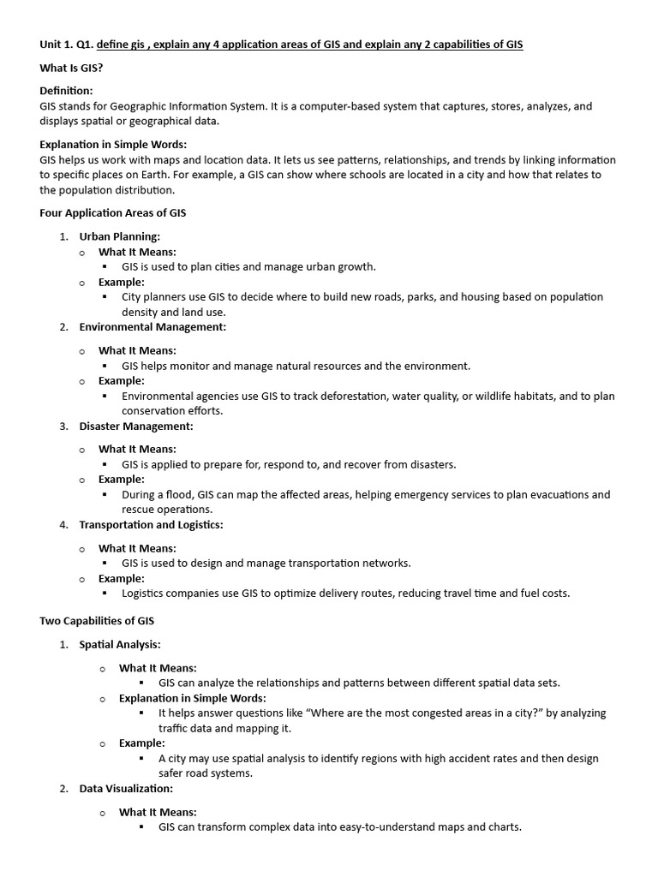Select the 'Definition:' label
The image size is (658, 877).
pos(66,91)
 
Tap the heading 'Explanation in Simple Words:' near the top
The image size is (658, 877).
pos(113,144)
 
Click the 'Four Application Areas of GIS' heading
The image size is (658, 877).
pos(112,212)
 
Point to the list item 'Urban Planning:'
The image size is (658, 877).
pos(119,236)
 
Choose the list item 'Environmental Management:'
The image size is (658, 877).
pos(153,326)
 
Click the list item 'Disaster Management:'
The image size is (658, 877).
pos(136,426)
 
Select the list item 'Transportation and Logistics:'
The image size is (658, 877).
pos(151,524)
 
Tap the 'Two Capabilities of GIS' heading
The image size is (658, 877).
pos(97,620)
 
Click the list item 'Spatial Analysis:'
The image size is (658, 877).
pos(120,644)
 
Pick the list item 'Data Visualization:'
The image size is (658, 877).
pos(126,788)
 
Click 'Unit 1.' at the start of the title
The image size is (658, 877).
pos(56,45)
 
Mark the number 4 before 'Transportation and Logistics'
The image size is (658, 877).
pos(63,524)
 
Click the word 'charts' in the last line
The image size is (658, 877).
pos(504,827)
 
